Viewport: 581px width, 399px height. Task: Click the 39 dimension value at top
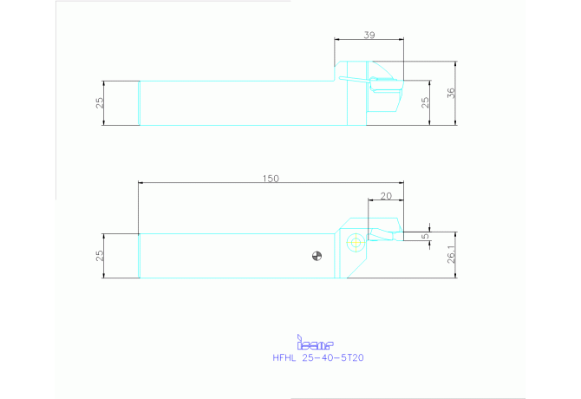tap(369, 35)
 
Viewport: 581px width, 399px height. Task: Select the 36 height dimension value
tap(451, 93)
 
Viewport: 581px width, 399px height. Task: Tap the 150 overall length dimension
tap(271, 179)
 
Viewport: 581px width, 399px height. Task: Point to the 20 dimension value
tap(386, 196)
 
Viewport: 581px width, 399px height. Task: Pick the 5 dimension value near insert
tap(426, 236)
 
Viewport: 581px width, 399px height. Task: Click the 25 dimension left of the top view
tap(100, 102)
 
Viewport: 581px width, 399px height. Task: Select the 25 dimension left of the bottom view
tap(100, 256)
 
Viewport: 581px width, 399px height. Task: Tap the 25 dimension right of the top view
tap(425, 102)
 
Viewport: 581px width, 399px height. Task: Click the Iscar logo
tap(315, 343)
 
